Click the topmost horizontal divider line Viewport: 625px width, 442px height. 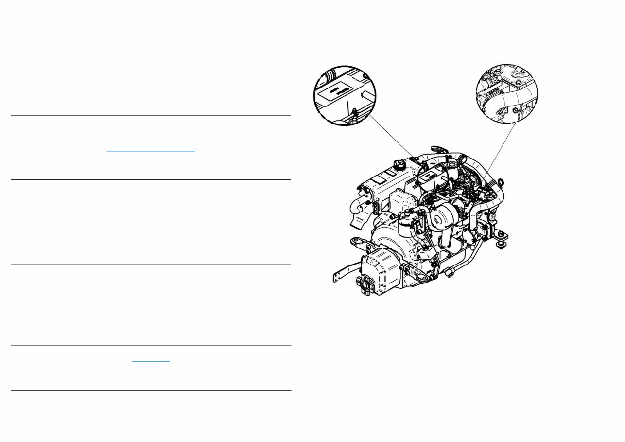click(151, 115)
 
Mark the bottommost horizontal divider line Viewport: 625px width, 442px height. click(151, 390)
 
